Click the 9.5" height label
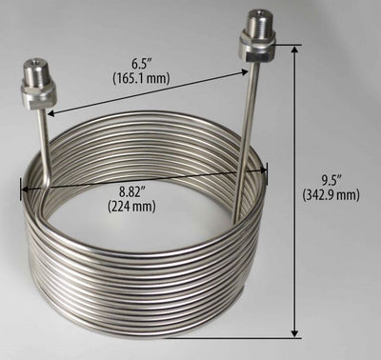point(328,178)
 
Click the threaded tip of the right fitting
point(256,20)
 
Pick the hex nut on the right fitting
point(257,48)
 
